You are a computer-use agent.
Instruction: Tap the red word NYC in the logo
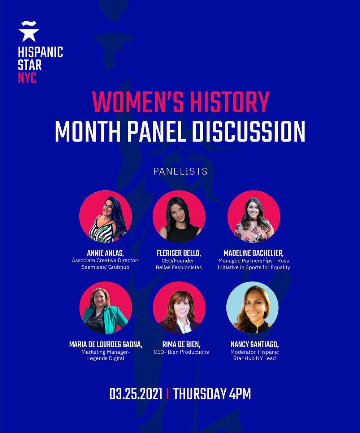point(27,77)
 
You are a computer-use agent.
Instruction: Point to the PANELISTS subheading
point(180,171)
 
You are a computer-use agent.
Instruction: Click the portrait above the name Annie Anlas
point(105,216)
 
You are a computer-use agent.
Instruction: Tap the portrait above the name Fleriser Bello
point(179,216)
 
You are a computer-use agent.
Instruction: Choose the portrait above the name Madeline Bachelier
point(253,216)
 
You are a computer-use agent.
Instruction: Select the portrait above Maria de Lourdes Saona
point(105,308)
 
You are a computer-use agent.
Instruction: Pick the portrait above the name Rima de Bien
point(179,308)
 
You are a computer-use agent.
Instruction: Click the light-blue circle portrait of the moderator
point(252,307)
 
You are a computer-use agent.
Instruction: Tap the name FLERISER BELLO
point(179,253)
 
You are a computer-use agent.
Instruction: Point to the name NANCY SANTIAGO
point(255,344)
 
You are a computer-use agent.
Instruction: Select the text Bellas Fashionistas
point(179,267)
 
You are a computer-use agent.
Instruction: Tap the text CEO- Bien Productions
point(181,352)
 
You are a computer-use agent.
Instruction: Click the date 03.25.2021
point(136,394)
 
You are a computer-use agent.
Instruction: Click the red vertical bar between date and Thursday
point(167,394)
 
